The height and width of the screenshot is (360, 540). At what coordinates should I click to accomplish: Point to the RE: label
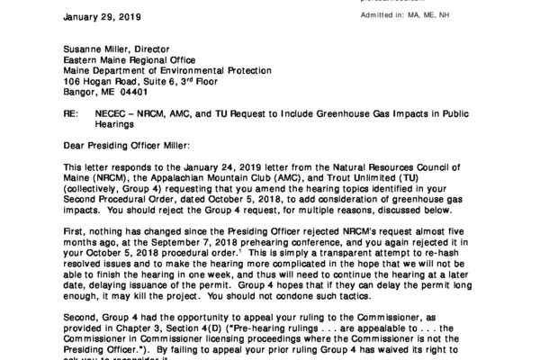coord(74,116)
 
